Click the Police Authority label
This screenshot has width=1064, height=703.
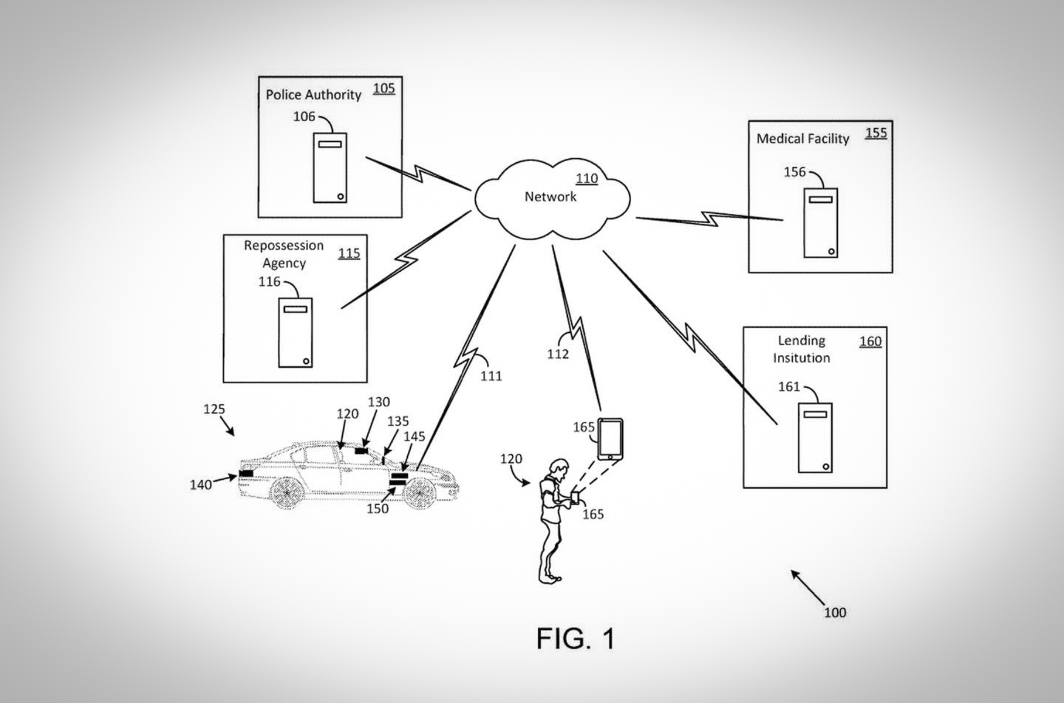tap(313, 95)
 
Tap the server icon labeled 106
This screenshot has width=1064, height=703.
tap(330, 168)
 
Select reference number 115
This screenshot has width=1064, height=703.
tap(349, 254)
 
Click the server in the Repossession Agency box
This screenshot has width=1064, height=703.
tap(295, 333)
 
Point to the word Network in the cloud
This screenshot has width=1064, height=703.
tap(550, 197)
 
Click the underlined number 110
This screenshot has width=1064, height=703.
tap(586, 179)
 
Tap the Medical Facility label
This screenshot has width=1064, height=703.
tap(803, 139)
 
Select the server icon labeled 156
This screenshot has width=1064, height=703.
tap(820, 223)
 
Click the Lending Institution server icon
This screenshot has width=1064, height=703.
tap(815, 438)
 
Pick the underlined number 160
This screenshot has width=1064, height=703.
tap(870, 342)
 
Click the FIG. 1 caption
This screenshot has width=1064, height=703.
tap(575, 639)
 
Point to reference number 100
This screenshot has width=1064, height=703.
tap(835, 613)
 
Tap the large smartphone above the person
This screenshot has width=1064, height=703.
tap(610, 439)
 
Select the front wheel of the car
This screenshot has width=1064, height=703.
tap(418, 493)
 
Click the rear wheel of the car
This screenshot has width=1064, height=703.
tap(287, 493)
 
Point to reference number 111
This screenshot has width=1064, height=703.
tap(491, 376)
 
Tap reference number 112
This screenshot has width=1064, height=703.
tap(558, 354)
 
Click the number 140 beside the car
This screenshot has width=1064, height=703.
tap(200, 485)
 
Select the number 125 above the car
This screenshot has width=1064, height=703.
tap(214, 409)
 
